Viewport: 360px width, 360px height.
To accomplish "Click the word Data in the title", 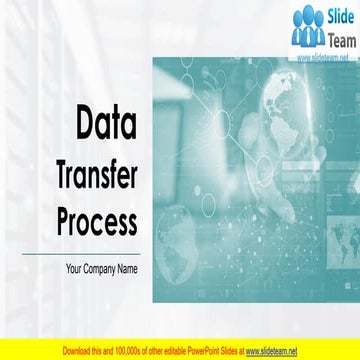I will (107, 124).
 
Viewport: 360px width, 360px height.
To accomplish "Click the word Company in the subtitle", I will (104, 267).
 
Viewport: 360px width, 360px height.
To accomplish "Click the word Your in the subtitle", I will (75, 267).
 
